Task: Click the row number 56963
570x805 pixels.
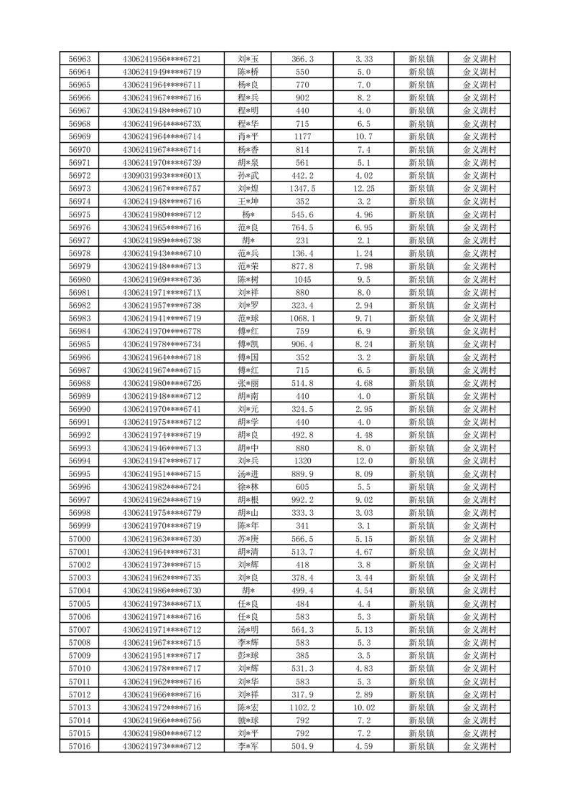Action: (x=79, y=59)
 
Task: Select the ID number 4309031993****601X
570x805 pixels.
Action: (x=162, y=176)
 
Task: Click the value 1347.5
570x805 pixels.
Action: (x=302, y=189)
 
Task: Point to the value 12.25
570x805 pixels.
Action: (x=363, y=189)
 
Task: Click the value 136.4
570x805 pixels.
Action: (x=302, y=253)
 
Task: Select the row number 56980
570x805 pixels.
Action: (x=79, y=280)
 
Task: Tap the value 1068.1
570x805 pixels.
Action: (x=302, y=319)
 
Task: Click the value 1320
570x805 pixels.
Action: (x=302, y=461)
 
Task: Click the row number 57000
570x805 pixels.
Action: (x=79, y=539)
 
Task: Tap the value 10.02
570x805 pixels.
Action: (x=363, y=707)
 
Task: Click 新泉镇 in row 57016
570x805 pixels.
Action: (x=421, y=746)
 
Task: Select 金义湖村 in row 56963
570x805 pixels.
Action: (x=479, y=59)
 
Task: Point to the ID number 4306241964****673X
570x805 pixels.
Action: (x=162, y=123)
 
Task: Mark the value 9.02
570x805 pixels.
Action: (x=363, y=500)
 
